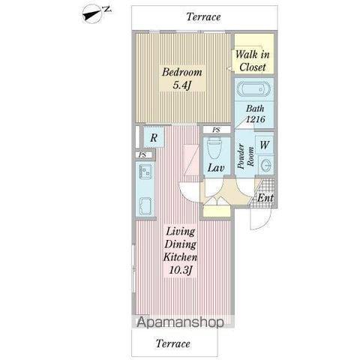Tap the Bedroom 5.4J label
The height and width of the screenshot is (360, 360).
tap(182, 79)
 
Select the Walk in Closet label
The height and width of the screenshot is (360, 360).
tap(253, 61)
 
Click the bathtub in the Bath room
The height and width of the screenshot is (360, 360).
tap(253, 89)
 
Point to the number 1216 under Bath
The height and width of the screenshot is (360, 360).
tap(255, 119)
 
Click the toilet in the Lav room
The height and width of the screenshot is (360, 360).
tap(215, 148)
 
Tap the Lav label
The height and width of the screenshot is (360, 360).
tap(216, 167)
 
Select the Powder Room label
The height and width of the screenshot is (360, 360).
tap(246, 156)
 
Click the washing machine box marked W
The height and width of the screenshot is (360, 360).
tap(265, 145)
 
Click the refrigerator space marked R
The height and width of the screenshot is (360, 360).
tap(154, 137)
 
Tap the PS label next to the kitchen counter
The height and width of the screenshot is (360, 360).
tap(142, 155)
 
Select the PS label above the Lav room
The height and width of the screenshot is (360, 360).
tap(217, 130)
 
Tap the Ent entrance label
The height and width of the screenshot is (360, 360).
tap(265, 198)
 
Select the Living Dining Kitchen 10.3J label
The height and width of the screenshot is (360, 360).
tap(180, 250)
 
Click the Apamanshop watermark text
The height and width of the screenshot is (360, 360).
tap(180, 322)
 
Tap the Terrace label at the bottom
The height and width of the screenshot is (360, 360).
tap(173, 343)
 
